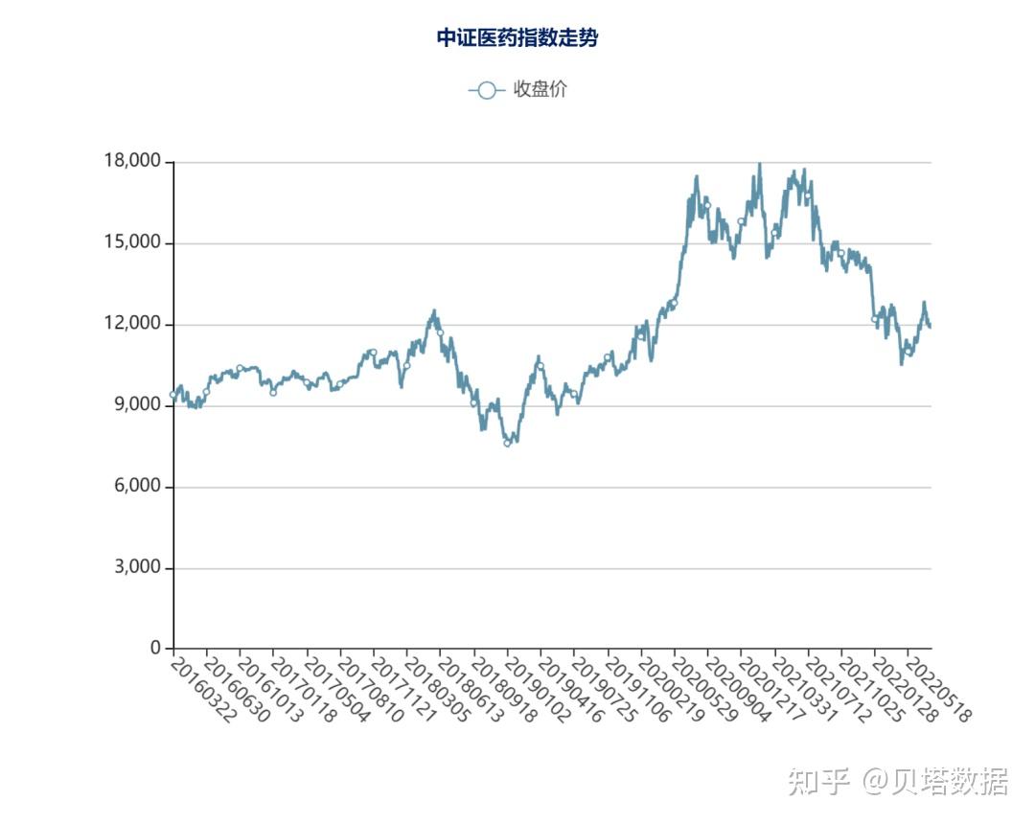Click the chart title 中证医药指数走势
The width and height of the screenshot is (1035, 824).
tap(517, 37)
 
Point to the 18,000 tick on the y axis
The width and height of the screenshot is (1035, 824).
tap(132, 160)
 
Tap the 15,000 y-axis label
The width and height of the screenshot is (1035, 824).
tap(132, 242)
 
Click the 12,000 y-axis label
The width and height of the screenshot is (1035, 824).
tap(132, 323)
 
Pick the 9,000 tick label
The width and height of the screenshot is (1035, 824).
tap(138, 404)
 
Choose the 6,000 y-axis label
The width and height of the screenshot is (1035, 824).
tap(138, 486)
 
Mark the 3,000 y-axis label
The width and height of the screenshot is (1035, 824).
tap(138, 566)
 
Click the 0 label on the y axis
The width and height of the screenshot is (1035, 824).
tap(156, 648)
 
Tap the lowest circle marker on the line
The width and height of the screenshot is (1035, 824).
tap(507, 444)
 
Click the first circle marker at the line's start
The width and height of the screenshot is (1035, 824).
tap(172, 395)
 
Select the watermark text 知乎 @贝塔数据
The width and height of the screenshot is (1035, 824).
tap(898, 781)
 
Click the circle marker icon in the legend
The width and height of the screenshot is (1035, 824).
tap(487, 90)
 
